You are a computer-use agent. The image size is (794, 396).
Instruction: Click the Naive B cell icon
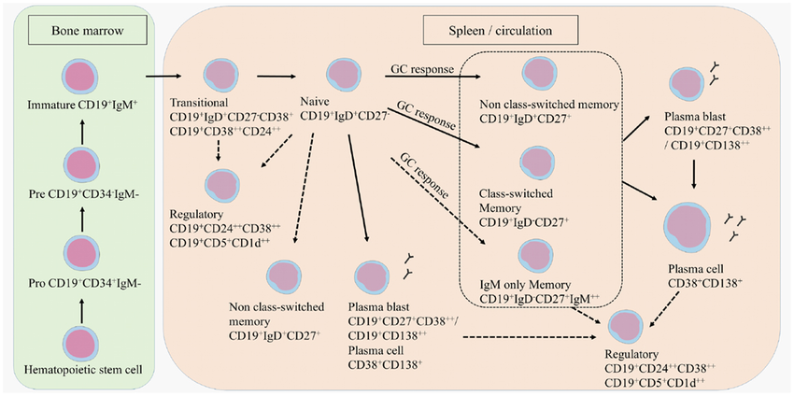coord(341,76)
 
